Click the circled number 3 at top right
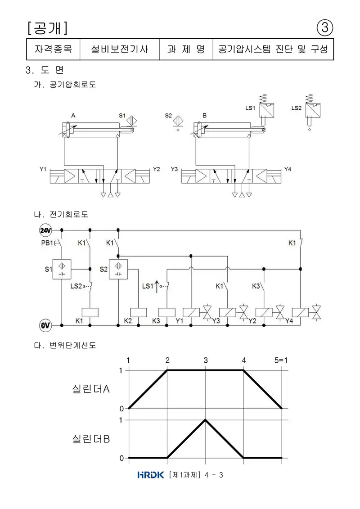[x=324, y=27]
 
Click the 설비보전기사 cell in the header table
[x=119, y=50]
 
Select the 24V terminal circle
[x=45, y=230]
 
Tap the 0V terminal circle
[x=45, y=325]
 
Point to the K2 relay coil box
[x=138, y=312]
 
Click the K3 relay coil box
[x=167, y=312]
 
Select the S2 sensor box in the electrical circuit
[x=118, y=269]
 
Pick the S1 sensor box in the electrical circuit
[x=62, y=269]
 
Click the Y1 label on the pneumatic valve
[x=43, y=169]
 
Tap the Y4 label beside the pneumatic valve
[x=288, y=169]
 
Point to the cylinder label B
[x=204, y=115]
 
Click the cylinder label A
[x=73, y=115]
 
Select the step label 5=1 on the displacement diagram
[x=281, y=360]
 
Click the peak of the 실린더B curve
[x=206, y=420]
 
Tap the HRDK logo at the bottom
[x=151, y=475]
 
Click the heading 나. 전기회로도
[x=61, y=214]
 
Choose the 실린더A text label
[x=91, y=388]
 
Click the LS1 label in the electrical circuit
[x=148, y=286]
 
